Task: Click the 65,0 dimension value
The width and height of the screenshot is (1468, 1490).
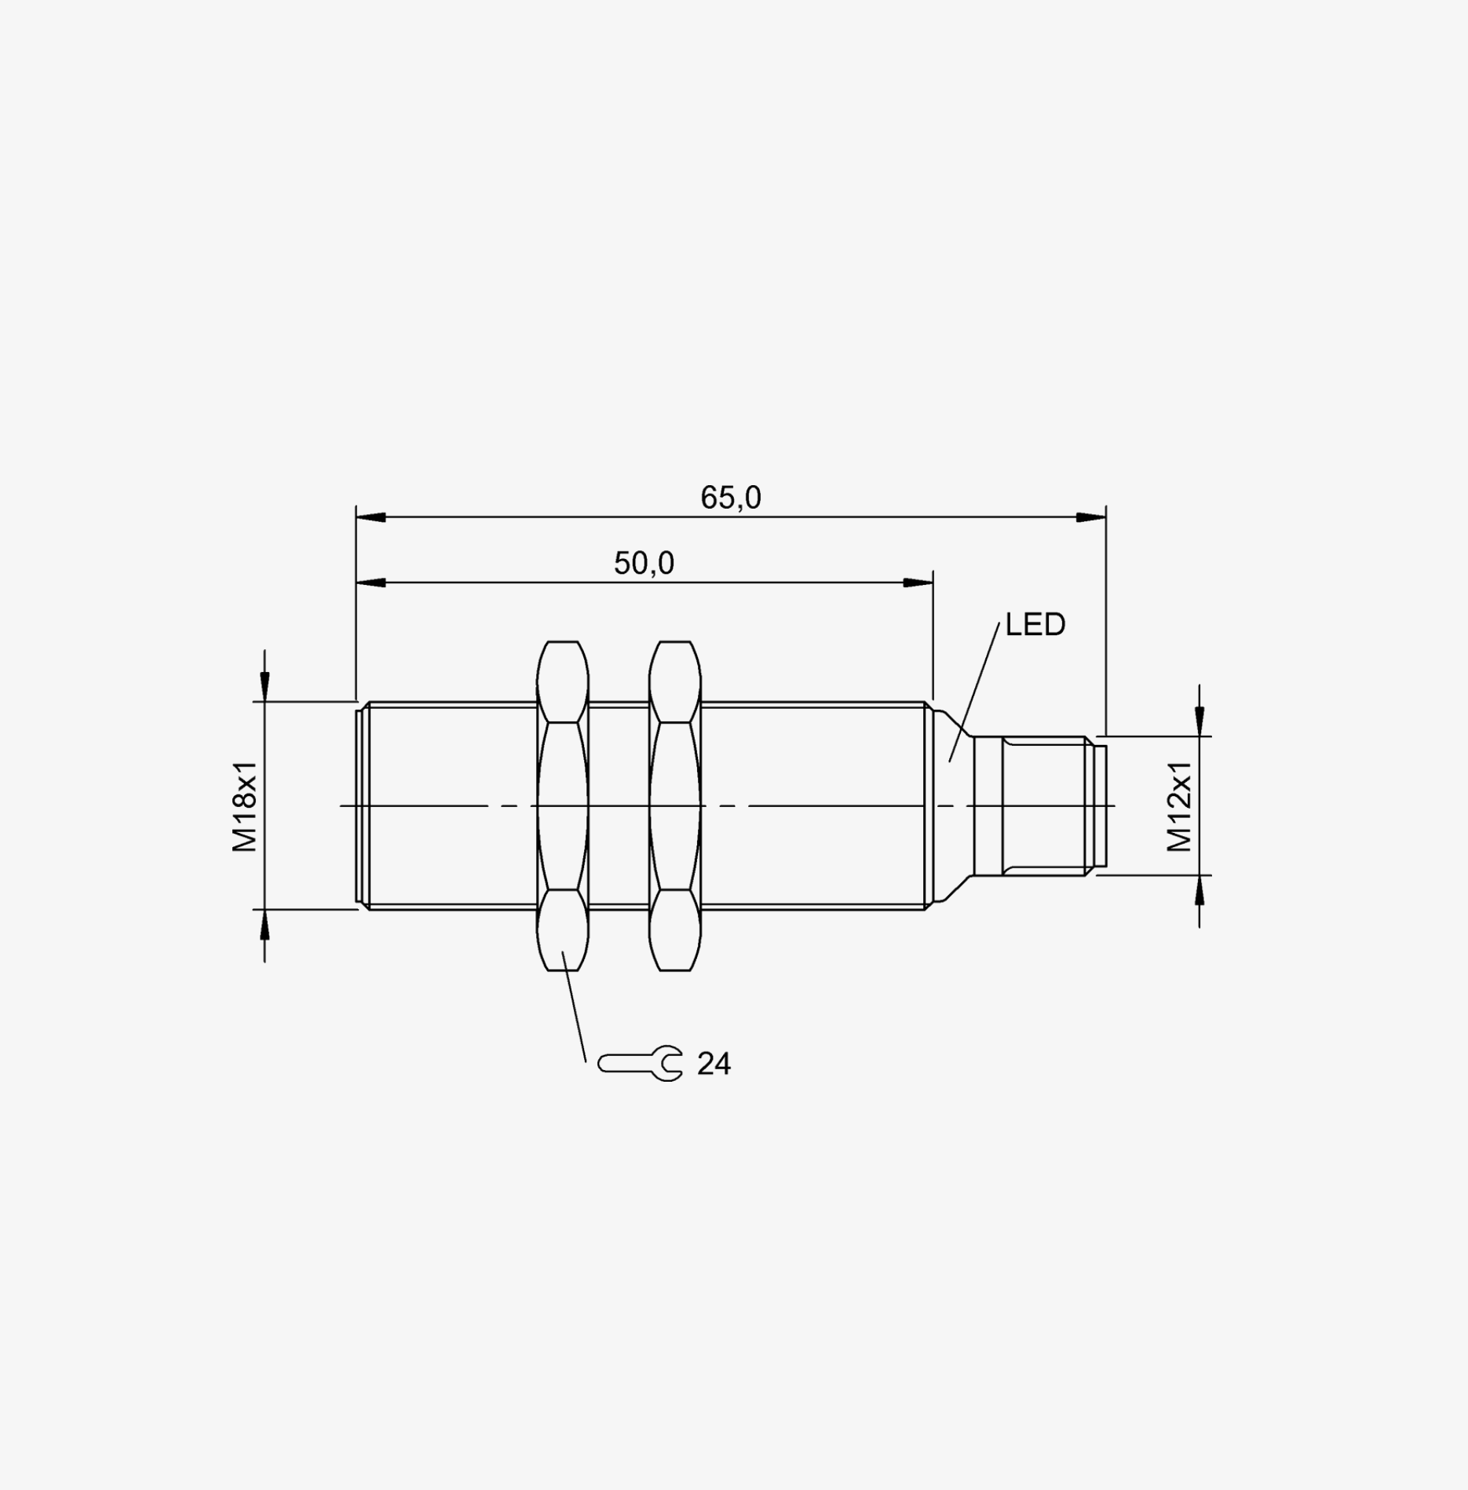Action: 731,498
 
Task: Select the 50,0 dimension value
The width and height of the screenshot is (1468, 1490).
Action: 644,564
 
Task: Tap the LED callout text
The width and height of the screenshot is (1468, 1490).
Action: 1035,625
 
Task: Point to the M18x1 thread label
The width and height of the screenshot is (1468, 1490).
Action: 245,805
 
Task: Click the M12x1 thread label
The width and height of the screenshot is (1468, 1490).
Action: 1179,806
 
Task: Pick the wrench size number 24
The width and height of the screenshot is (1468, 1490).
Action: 714,1065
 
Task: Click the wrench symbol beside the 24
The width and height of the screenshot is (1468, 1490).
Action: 640,1064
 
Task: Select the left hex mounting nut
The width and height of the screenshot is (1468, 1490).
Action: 563,805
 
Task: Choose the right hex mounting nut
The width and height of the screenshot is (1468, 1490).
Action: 675,805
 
